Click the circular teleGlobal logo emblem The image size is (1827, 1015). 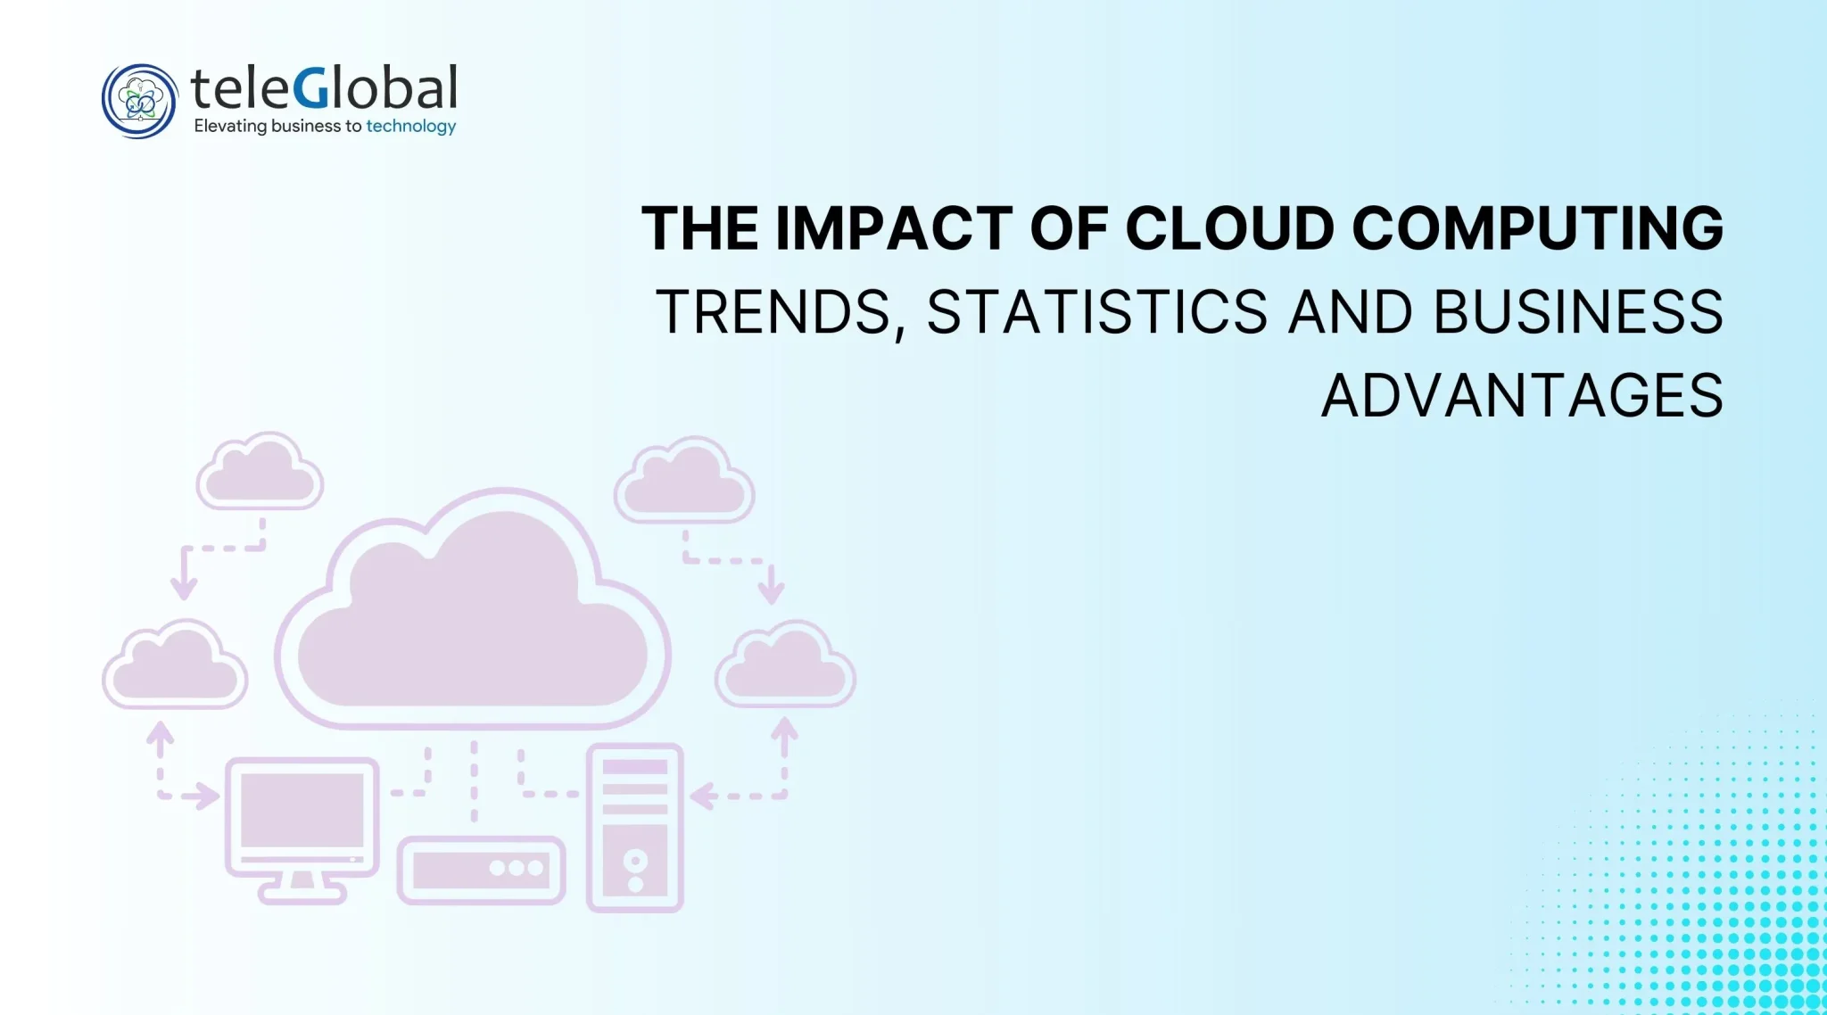pos(140,101)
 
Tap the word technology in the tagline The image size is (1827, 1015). pos(411,127)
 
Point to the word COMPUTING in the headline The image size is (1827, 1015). pos(1538,228)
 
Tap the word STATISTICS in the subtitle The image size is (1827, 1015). pos(1097,312)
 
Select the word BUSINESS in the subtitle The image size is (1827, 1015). pos(1578,312)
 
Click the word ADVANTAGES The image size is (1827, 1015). pos(1522,396)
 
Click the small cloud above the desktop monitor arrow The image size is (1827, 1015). pos(175,664)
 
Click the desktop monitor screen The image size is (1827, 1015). pos(302,811)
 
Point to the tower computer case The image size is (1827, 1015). pos(635,828)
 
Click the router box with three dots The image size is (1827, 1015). pos(481,870)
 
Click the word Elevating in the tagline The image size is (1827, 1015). pos(230,127)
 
